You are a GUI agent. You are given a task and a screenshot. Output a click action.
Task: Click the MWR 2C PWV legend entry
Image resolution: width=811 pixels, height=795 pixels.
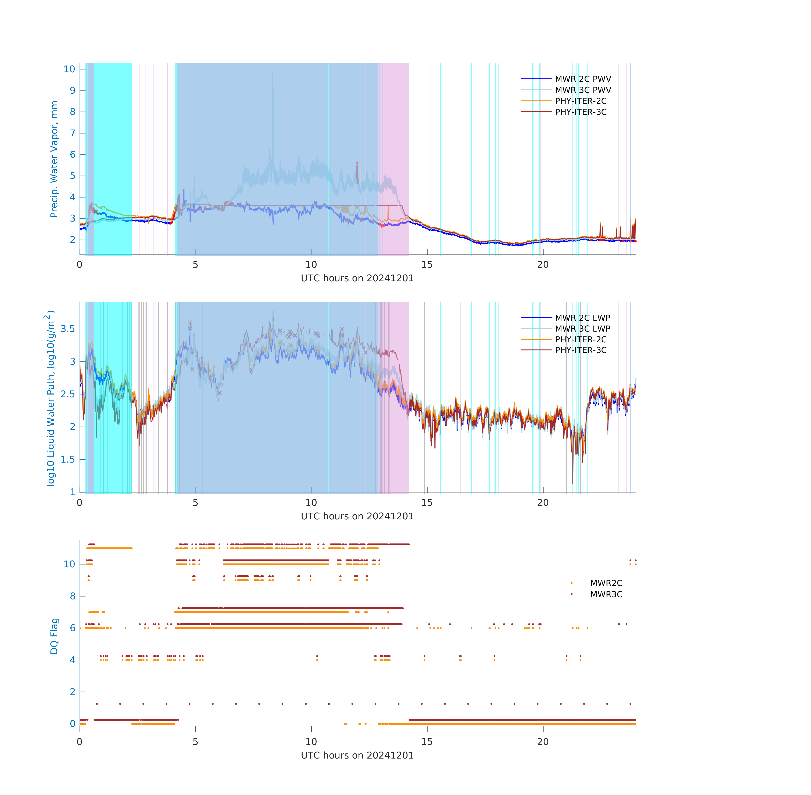click(x=583, y=79)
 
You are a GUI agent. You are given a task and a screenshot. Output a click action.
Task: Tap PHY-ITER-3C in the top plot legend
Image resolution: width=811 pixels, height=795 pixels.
click(x=581, y=112)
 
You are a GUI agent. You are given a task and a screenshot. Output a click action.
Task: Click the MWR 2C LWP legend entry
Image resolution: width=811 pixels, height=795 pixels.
click(x=582, y=318)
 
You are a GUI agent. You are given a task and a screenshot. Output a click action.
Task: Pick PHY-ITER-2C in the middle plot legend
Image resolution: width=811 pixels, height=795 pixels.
click(x=581, y=339)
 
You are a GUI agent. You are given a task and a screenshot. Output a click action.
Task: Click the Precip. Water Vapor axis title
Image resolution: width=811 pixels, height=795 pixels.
click(x=54, y=159)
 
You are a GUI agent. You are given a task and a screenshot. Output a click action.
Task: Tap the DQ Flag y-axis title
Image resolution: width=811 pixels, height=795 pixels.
click(x=54, y=636)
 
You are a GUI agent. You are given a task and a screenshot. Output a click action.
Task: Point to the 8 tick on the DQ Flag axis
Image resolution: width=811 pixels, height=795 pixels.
click(x=73, y=596)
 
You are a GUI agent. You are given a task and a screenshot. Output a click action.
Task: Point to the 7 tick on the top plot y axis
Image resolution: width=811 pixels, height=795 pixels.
click(x=73, y=133)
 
